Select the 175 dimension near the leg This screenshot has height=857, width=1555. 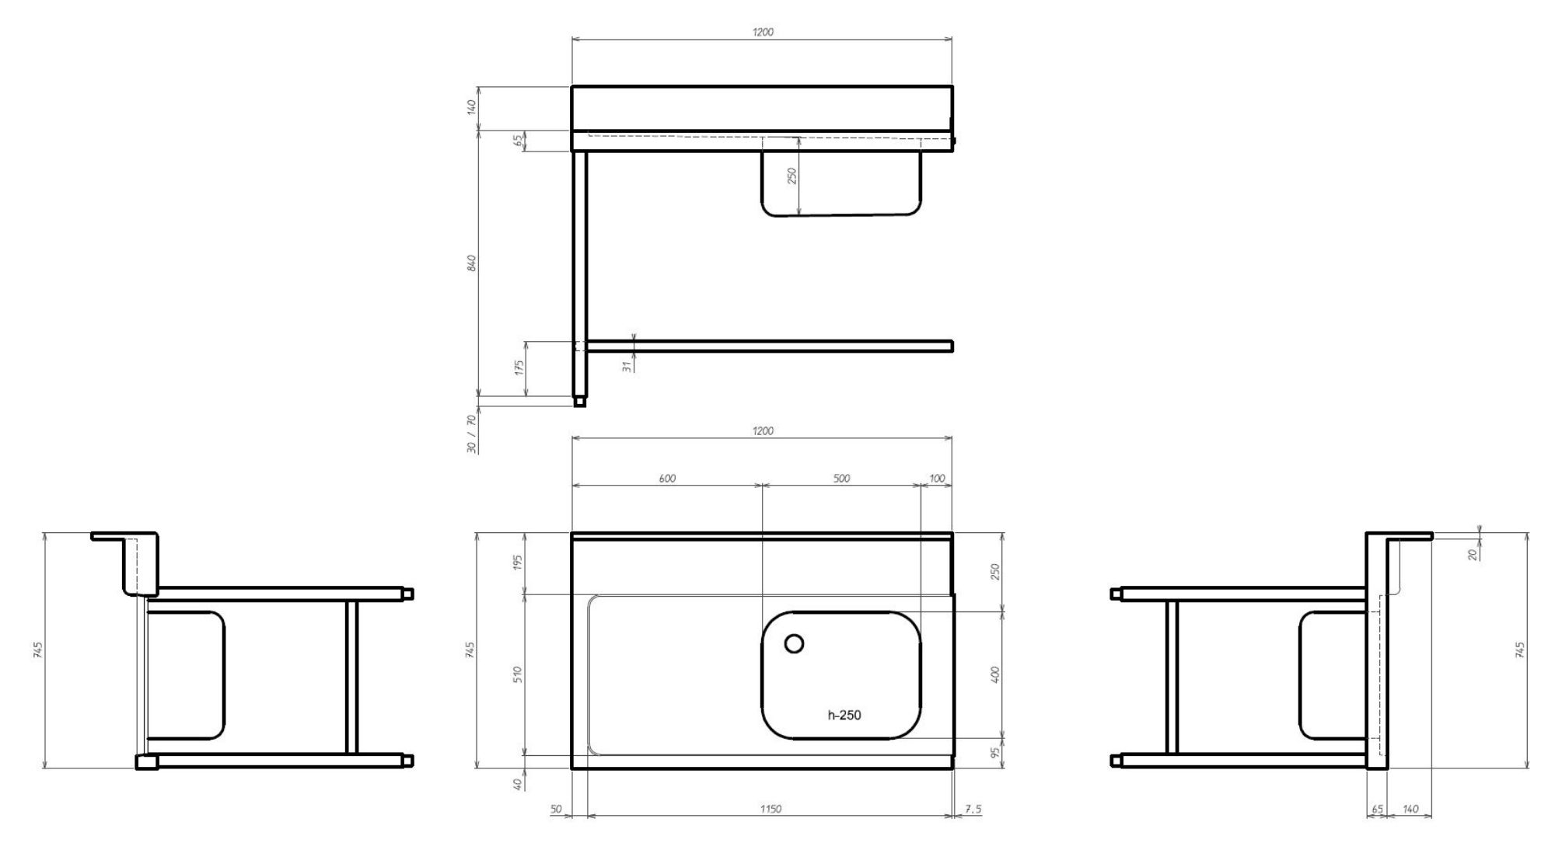519,366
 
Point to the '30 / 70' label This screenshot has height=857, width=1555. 471,434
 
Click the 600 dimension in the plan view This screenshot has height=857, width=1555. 667,479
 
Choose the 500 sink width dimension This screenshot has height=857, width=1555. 841,479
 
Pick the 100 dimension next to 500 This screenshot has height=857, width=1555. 937,479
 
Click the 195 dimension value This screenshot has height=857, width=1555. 519,562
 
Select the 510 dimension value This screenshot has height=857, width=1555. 519,674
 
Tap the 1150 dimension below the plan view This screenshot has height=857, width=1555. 771,809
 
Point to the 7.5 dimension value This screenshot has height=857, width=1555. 973,809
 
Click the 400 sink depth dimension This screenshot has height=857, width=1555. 994,674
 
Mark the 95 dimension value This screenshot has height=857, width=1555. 994,752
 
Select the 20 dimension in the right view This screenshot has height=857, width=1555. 1473,555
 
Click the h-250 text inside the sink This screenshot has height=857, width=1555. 844,715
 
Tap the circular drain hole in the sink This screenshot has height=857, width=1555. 794,643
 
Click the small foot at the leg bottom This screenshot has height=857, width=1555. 579,402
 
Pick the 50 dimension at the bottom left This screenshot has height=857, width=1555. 556,809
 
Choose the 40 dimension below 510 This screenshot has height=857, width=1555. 519,785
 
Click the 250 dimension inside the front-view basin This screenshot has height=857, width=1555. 792,176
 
